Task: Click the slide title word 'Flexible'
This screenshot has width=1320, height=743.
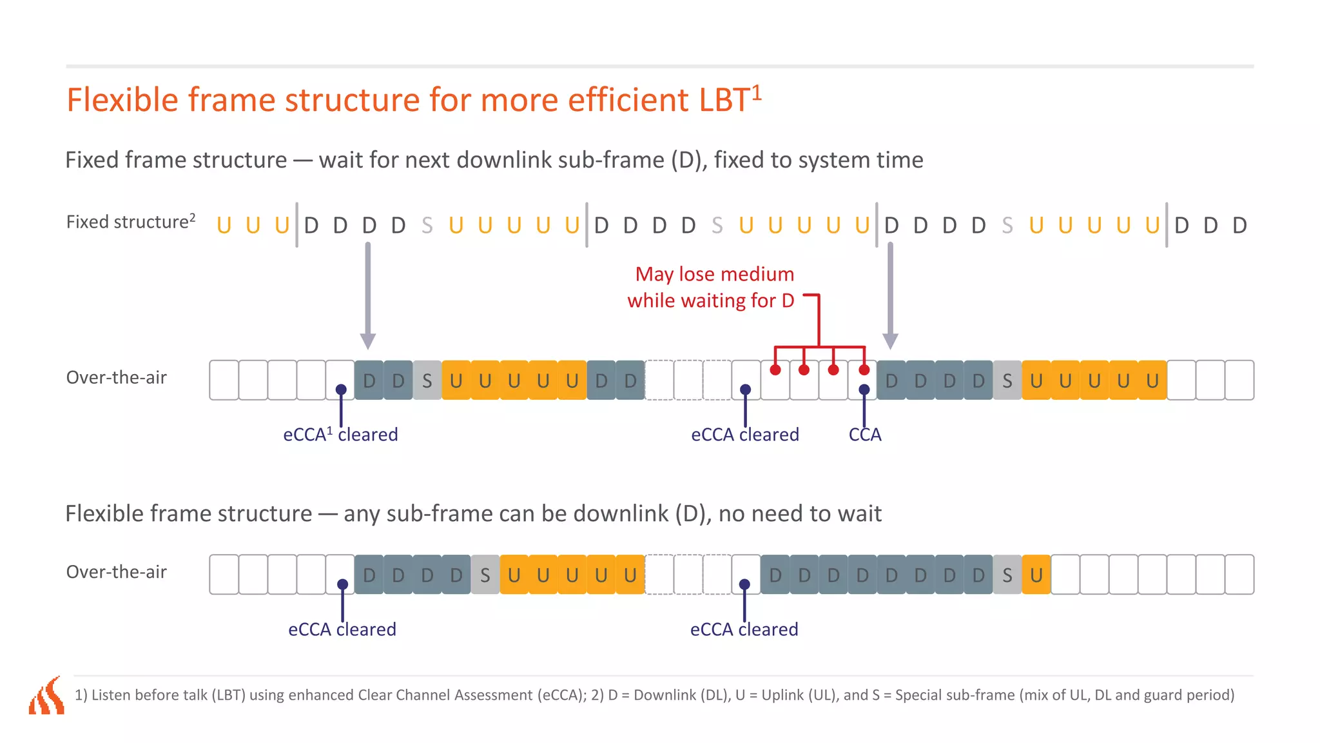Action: [x=122, y=101]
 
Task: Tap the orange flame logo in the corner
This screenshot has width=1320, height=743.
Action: [x=47, y=696]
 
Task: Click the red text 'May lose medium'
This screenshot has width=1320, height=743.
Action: [x=714, y=274]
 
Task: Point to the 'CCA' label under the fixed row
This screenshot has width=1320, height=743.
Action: [x=864, y=435]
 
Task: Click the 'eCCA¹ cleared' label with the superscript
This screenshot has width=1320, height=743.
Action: [x=340, y=435]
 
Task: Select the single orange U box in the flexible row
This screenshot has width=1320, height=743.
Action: [x=1036, y=575]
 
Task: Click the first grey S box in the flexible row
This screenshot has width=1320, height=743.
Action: [x=485, y=575]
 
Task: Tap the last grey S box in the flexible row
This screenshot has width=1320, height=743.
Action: [x=1007, y=575]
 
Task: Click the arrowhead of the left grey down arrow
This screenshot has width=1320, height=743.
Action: [x=368, y=341]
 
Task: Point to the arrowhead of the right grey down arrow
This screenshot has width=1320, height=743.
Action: [x=890, y=341]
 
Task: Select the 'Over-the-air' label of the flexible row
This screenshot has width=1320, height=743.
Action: [x=117, y=572]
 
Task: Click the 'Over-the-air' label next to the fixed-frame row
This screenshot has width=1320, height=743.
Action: [x=117, y=377]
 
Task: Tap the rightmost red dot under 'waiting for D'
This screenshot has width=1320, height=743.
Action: [x=864, y=370]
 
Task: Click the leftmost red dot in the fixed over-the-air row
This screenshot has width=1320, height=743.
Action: [x=775, y=370]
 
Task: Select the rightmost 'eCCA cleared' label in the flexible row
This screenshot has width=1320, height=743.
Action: [x=744, y=629]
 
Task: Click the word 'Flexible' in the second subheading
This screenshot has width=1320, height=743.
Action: [x=108, y=514]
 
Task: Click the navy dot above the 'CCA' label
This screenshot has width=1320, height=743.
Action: [x=864, y=390]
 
